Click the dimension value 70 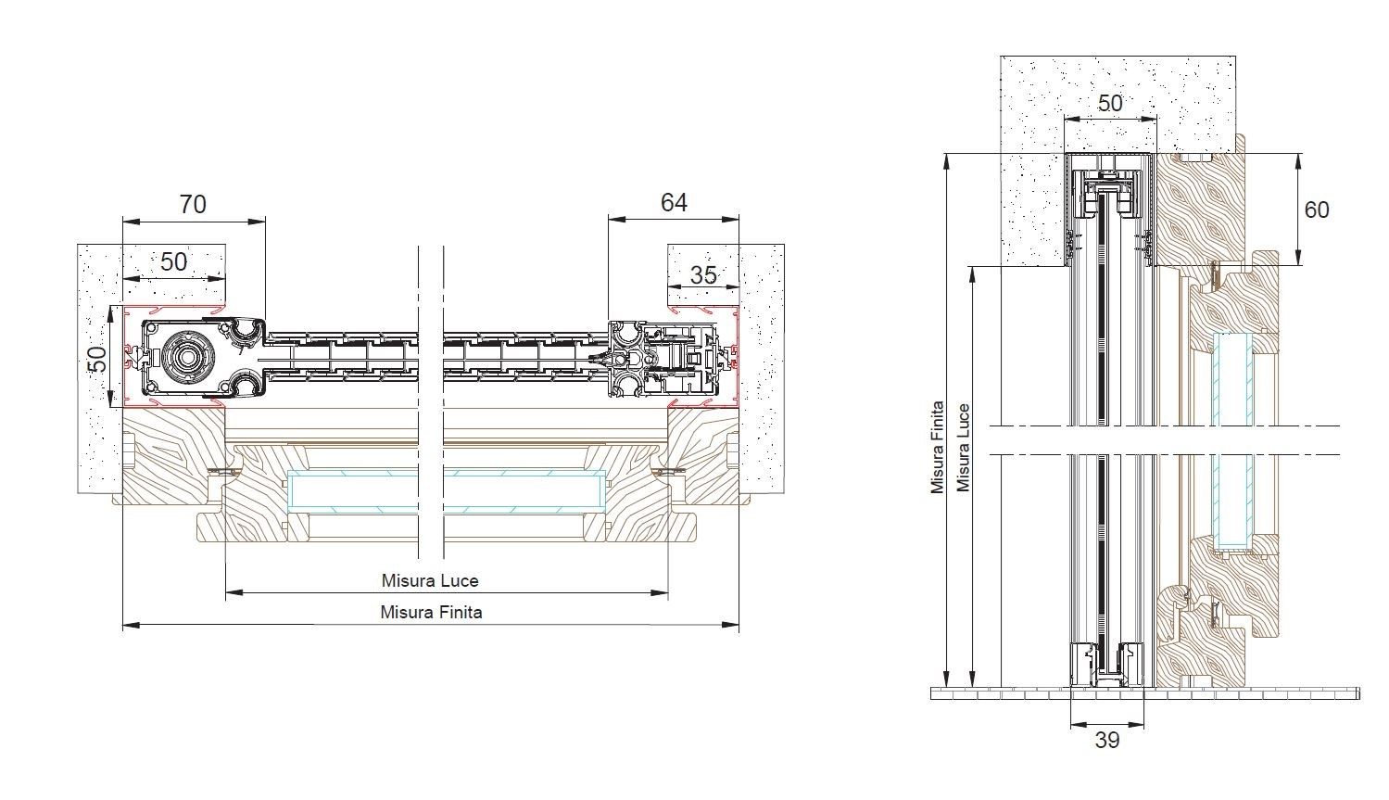(193, 203)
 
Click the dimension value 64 (674, 201)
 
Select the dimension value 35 (703, 274)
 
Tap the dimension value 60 (1316, 210)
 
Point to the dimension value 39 (1106, 740)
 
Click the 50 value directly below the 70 (174, 261)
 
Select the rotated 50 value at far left (97, 358)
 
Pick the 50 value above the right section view (1109, 102)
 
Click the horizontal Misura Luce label (430, 580)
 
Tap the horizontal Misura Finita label (431, 612)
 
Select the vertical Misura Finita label (938, 447)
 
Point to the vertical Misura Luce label (964, 447)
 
